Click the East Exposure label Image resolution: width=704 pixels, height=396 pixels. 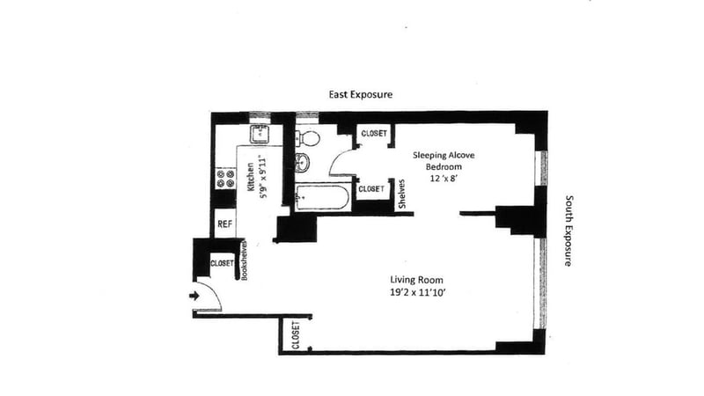click(x=361, y=94)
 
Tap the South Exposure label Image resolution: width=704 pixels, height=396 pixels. click(x=568, y=231)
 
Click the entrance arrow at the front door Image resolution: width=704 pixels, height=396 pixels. click(x=194, y=296)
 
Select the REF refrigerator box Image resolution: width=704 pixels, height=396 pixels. click(x=224, y=224)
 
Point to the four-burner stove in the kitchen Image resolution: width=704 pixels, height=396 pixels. click(x=225, y=179)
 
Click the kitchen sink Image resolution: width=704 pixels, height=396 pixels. click(x=260, y=135)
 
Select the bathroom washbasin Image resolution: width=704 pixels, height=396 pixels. click(x=302, y=162)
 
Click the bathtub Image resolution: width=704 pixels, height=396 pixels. click(x=322, y=197)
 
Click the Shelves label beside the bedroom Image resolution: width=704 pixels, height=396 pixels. click(x=402, y=194)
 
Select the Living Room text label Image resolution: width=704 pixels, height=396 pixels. click(x=416, y=280)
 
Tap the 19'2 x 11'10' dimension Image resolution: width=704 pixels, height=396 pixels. click(x=417, y=293)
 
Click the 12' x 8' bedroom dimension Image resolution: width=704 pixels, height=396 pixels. click(x=444, y=179)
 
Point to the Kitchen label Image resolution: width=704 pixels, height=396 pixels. click(x=251, y=176)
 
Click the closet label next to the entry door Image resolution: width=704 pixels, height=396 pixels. click(x=223, y=263)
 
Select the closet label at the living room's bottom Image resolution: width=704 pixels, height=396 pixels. click(x=296, y=335)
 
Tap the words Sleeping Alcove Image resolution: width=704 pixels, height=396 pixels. click(x=444, y=156)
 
